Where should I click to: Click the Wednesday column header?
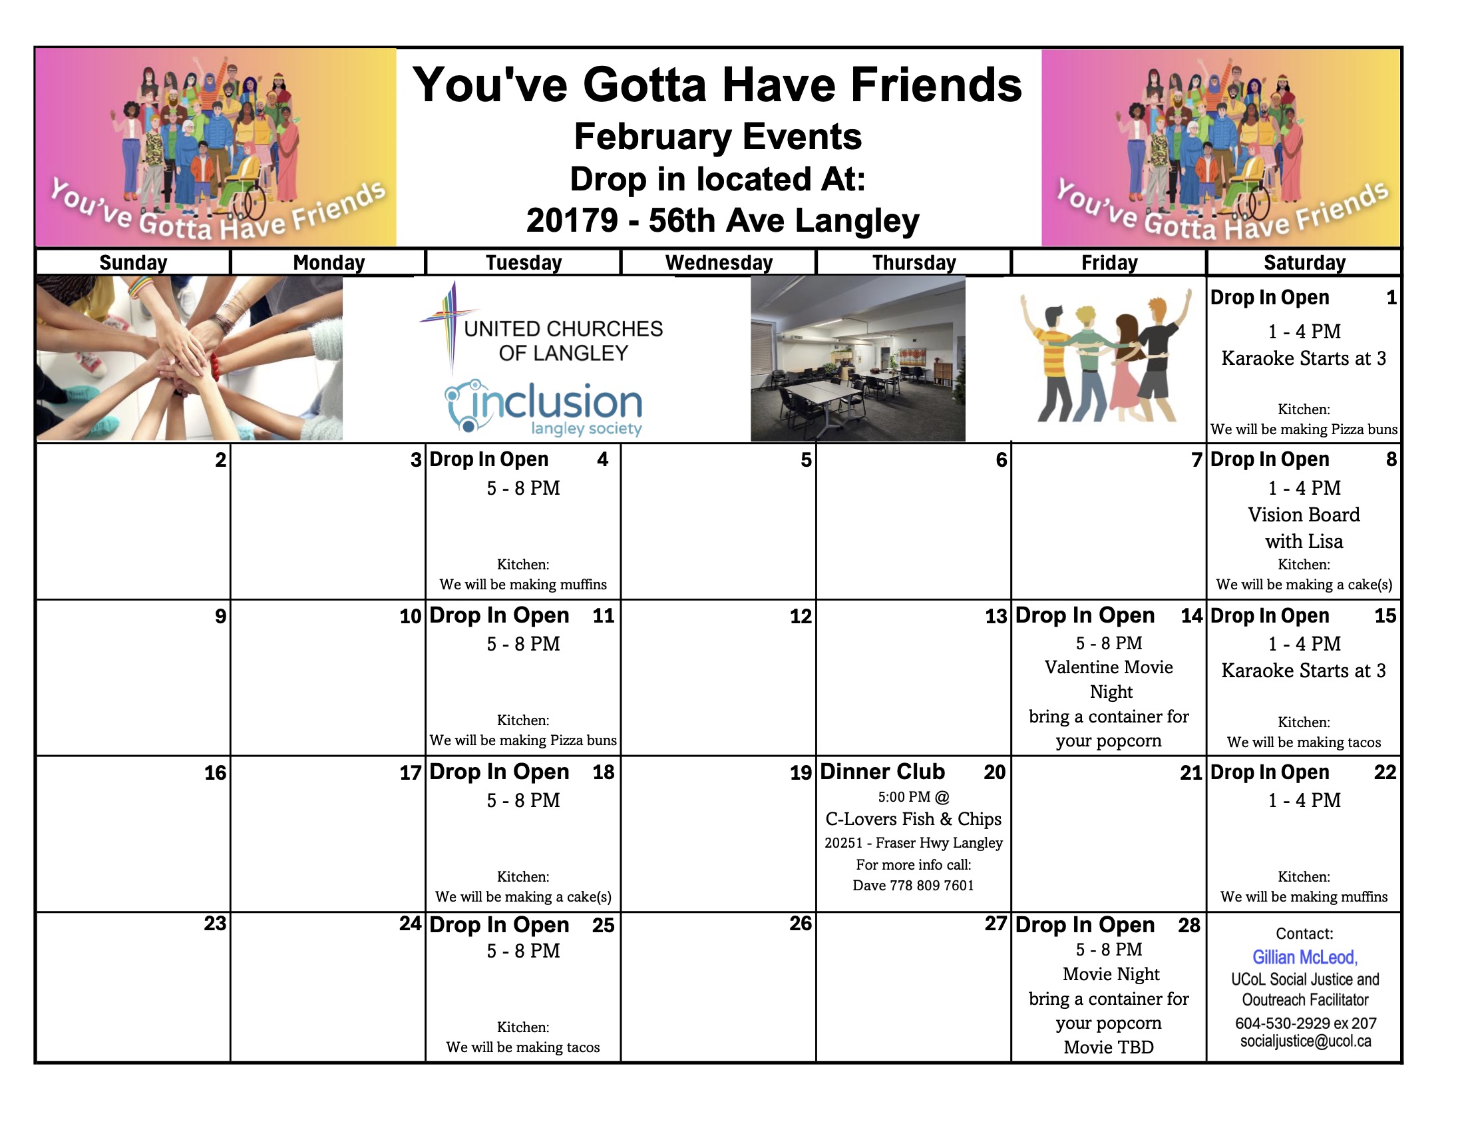pyautogui.click(x=719, y=262)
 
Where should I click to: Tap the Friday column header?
pyautogui.click(x=1109, y=262)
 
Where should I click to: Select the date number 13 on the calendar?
pyautogui.click(x=996, y=617)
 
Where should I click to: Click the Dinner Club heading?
pyautogui.click(x=882, y=772)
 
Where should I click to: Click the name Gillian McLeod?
pyautogui.click(x=1304, y=958)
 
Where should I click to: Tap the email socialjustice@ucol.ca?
pyautogui.click(x=1306, y=1041)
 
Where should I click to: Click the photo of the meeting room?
pyautogui.click(x=858, y=359)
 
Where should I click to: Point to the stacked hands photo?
pyautogui.click(x=190, y=358)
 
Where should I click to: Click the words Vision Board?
pyautogui.click(x=1304, y=515)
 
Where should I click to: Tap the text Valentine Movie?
pyautogui.click(x=1109, y=667)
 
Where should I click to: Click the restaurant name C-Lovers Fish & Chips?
pyautogui.click(x=913, y=819)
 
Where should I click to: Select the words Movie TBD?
pyautogui.click(x=1109, y=1047)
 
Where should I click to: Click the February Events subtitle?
pyautogui.click(x=718, y=137)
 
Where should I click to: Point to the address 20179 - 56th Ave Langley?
pyautogui.click(x=723, y=220)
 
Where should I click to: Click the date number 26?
pyautogui.click(x=801, y=924)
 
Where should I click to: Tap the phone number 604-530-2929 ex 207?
pyautogui.click(x=1306, y=1023)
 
